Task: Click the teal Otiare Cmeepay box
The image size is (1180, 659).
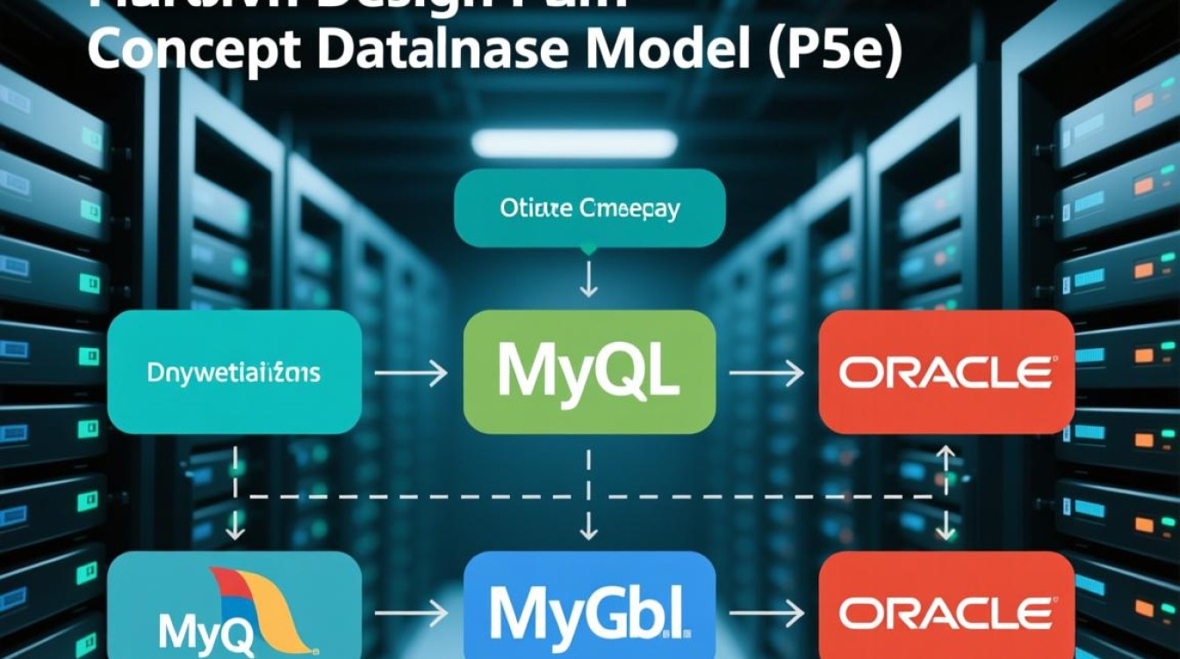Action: pyautogui.click(x=589, y=208)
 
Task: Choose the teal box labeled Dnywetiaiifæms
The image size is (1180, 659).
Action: pyautogui.click(x=234, y=373)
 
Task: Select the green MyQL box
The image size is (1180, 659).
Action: pyautogui.click(x=589, y=373)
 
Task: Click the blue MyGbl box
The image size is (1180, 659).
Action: pyautogui.click(x=589, y=607)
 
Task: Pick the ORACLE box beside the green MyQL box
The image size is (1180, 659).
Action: pyautogui.click(x=946, y=373)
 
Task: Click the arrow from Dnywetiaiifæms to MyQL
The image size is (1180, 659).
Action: pyautogui.click(x=411, y=374)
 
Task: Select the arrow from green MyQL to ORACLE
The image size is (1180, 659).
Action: pyautogui.click(x=766, y=374)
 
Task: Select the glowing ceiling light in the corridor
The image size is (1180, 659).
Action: pyautogui.click(x=574, y=143)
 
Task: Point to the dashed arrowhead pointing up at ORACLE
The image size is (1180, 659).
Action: pyautogui.click(x=946, y=453)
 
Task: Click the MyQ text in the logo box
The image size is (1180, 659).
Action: pyautogui.click(x=195, y=629)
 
